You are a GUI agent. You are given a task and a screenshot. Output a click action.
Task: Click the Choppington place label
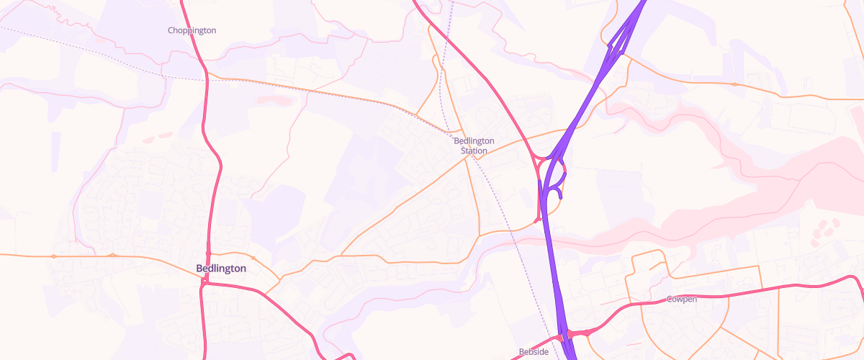[192, 30]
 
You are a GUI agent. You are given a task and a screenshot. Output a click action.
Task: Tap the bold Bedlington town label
[221, 269]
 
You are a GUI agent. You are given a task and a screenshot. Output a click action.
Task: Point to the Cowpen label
[681, 299]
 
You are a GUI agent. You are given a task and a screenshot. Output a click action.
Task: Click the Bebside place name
[534, 352]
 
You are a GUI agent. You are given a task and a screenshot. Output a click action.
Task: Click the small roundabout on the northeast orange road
[734, 84]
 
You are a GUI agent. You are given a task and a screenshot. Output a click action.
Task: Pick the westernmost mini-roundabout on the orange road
[54, 256]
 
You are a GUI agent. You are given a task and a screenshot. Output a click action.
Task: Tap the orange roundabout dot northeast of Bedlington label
[253, 258]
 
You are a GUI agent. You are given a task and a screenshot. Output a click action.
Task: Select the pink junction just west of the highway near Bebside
[559, 338]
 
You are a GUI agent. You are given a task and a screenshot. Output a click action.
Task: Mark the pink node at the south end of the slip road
[538, 219]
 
